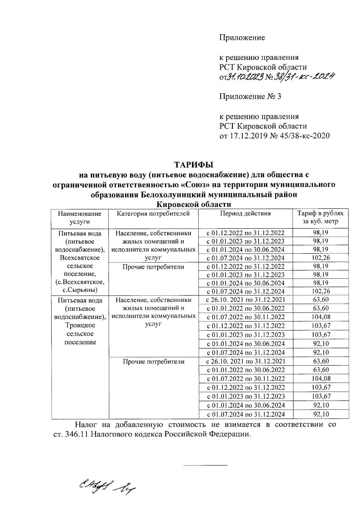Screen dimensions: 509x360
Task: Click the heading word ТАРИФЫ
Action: coord(193,165)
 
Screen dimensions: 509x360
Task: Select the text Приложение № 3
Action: coord(250,97)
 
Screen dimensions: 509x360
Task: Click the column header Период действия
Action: coord(245,214)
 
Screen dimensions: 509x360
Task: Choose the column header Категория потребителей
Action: coord(153,214)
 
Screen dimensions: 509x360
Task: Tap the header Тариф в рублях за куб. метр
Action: coord(320,217)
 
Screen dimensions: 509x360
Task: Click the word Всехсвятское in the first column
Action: coord(79,258)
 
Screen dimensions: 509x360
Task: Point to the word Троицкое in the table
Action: coord(80,325)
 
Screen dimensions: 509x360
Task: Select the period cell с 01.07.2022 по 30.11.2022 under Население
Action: coord(245,317)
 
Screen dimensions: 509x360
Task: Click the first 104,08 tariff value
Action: coord(320,317)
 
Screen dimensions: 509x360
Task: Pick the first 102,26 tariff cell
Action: coord(320,258)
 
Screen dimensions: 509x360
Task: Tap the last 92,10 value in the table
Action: coord(320,414)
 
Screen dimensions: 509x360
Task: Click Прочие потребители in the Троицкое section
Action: coord(153,361)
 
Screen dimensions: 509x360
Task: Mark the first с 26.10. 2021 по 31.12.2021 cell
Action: coord(245,299)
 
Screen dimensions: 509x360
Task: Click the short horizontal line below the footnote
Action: coord(205,465)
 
